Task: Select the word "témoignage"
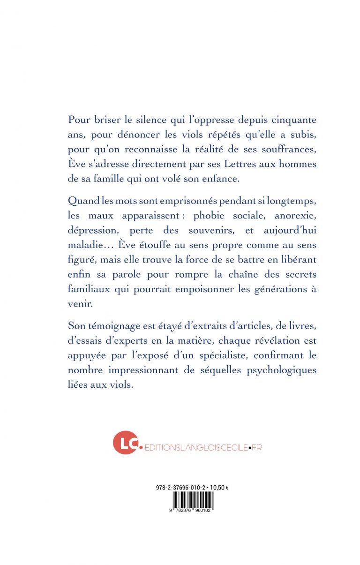click(118, 326)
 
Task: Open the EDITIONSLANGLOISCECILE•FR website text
click(203, 447)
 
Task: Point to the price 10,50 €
click(219, 488)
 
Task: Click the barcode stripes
click(192, 500)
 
